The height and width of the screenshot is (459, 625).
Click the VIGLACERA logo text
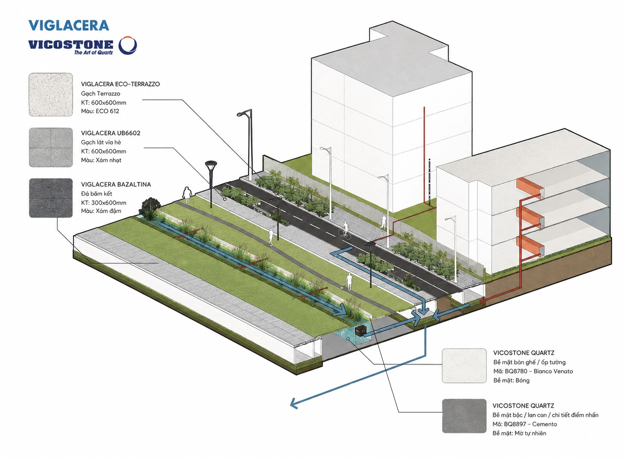point(69,25)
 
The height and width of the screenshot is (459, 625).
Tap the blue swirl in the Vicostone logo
point(128,45)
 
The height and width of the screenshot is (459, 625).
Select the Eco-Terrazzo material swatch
point(51,94)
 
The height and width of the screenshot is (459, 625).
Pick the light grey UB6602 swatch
point(51,147)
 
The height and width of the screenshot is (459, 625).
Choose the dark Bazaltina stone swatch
point(51,198)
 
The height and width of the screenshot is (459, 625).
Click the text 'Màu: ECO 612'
point(100,111)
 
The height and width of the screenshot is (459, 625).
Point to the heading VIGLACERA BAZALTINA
point(116,184)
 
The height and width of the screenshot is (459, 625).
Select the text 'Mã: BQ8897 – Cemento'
point(525,424)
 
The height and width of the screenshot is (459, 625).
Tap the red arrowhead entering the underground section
point(483,301)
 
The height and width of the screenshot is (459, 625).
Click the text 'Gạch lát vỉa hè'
point(101,142)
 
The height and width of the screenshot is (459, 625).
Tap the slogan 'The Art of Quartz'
point(94,52)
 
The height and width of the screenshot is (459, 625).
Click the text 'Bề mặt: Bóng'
point(511,380)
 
